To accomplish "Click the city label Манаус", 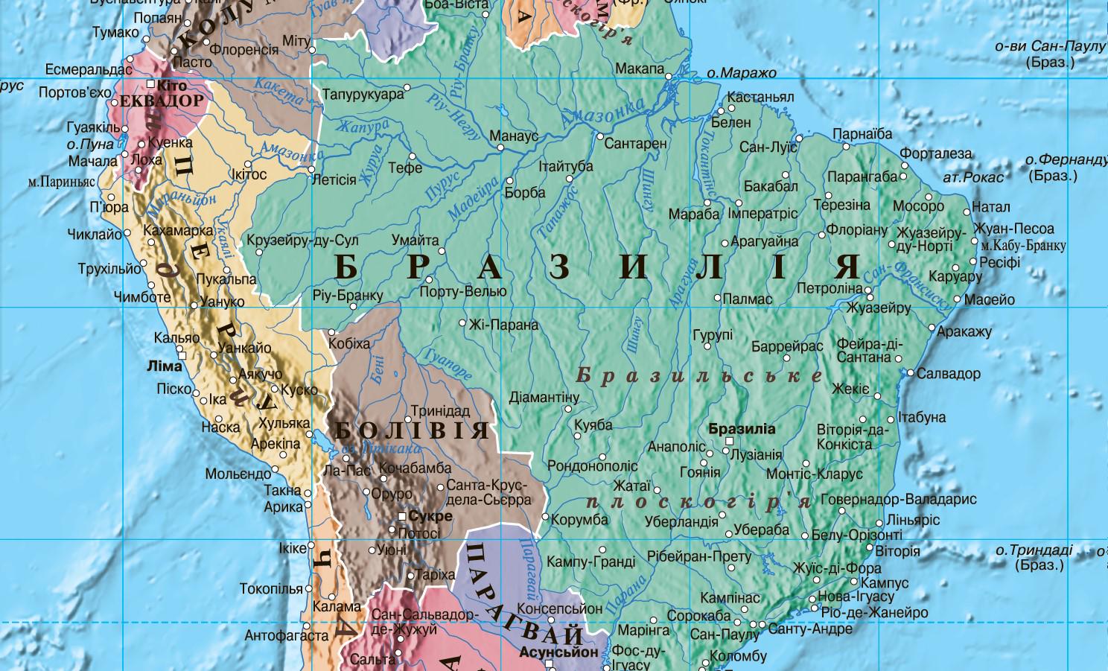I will click(x=514, y=136).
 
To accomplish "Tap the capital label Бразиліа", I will click(x=742, y=429).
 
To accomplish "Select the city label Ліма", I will click(x=165, y=366).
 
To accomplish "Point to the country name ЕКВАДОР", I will click(x=162, y=101).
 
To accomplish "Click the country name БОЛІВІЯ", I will click(x=412, y=430).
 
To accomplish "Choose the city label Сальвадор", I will click(x=948, y=374).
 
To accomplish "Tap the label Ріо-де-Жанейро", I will click(x=874, y=612).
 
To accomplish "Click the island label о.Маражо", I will click(x=741, y=73).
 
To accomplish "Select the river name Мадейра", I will click(x=474, y=199).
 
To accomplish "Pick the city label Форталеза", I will click(x=935, y=154).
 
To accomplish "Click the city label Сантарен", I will click(x=635, y=143).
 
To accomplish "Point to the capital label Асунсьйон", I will click(x=558, y=652).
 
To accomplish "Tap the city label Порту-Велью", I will click(x=462, y=291).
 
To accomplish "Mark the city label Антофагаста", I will click(x=287, y=636).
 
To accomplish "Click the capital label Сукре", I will click(x=430, y=516).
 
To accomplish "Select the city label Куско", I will click(x=299, y=389).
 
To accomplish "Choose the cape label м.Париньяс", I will click(x=62, y=181).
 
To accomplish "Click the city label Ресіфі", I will click(x=999, y=262).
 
